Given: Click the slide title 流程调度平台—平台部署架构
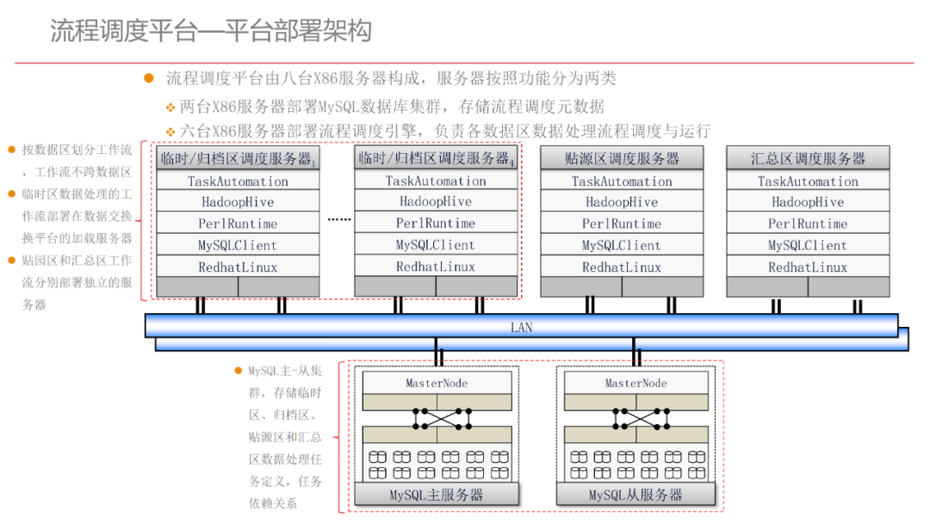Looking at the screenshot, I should coord(211,32).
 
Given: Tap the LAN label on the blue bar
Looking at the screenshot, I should coord(521,328).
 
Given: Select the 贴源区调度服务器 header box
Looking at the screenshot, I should coord(622,158).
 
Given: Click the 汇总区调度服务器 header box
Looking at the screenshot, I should coord(808,158).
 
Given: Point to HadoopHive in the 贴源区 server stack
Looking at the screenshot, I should coord(622,202).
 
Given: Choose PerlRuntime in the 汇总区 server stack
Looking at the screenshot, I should coord(808,224).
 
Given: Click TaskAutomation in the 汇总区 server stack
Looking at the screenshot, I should coord(808,182).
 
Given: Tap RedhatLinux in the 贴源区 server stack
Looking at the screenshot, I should coord(622,267).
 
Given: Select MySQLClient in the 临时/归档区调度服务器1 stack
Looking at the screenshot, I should coord(238,245).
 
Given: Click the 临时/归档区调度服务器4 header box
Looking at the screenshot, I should coord(436,158).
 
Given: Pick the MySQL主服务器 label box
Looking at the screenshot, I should coord(437,495).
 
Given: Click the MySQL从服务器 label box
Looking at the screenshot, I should coord(635,495).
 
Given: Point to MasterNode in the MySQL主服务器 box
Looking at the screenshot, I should coord(437,383).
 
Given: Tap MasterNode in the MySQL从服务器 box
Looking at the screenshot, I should coord(635,383).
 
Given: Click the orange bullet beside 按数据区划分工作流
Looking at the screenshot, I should coord(12,150).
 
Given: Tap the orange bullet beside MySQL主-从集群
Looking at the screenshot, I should coord(239,371).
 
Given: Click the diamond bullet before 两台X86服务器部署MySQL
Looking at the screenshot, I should coord(170,108).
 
